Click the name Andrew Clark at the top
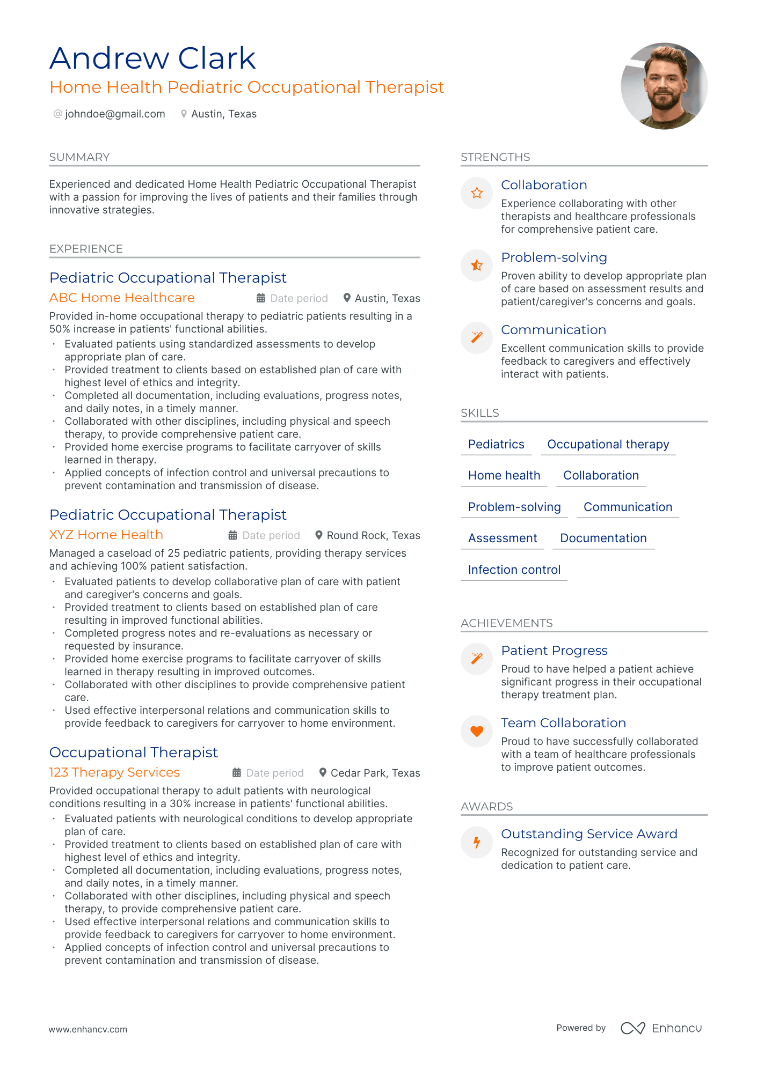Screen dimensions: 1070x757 152,58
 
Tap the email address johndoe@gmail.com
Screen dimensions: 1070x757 115,114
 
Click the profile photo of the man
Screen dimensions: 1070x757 664,86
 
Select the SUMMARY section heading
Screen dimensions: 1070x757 79,157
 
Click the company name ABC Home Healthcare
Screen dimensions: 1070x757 122,298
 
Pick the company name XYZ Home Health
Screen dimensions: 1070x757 106,535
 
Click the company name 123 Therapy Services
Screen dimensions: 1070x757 114,772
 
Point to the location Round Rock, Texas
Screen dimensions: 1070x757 373,535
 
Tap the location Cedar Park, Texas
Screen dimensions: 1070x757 375,773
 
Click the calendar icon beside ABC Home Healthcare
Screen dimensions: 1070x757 261,298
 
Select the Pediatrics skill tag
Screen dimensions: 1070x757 496,444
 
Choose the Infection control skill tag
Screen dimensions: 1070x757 514,570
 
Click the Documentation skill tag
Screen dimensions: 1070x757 603,538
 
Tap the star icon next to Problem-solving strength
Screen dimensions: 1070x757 477,265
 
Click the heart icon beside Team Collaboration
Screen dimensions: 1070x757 477,730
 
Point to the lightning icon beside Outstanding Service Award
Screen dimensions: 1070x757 477,842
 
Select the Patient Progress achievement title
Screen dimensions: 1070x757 554,651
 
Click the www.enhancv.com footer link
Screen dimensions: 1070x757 88,1029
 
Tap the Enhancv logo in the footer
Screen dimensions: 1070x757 661,1028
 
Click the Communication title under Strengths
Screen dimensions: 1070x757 554,330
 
